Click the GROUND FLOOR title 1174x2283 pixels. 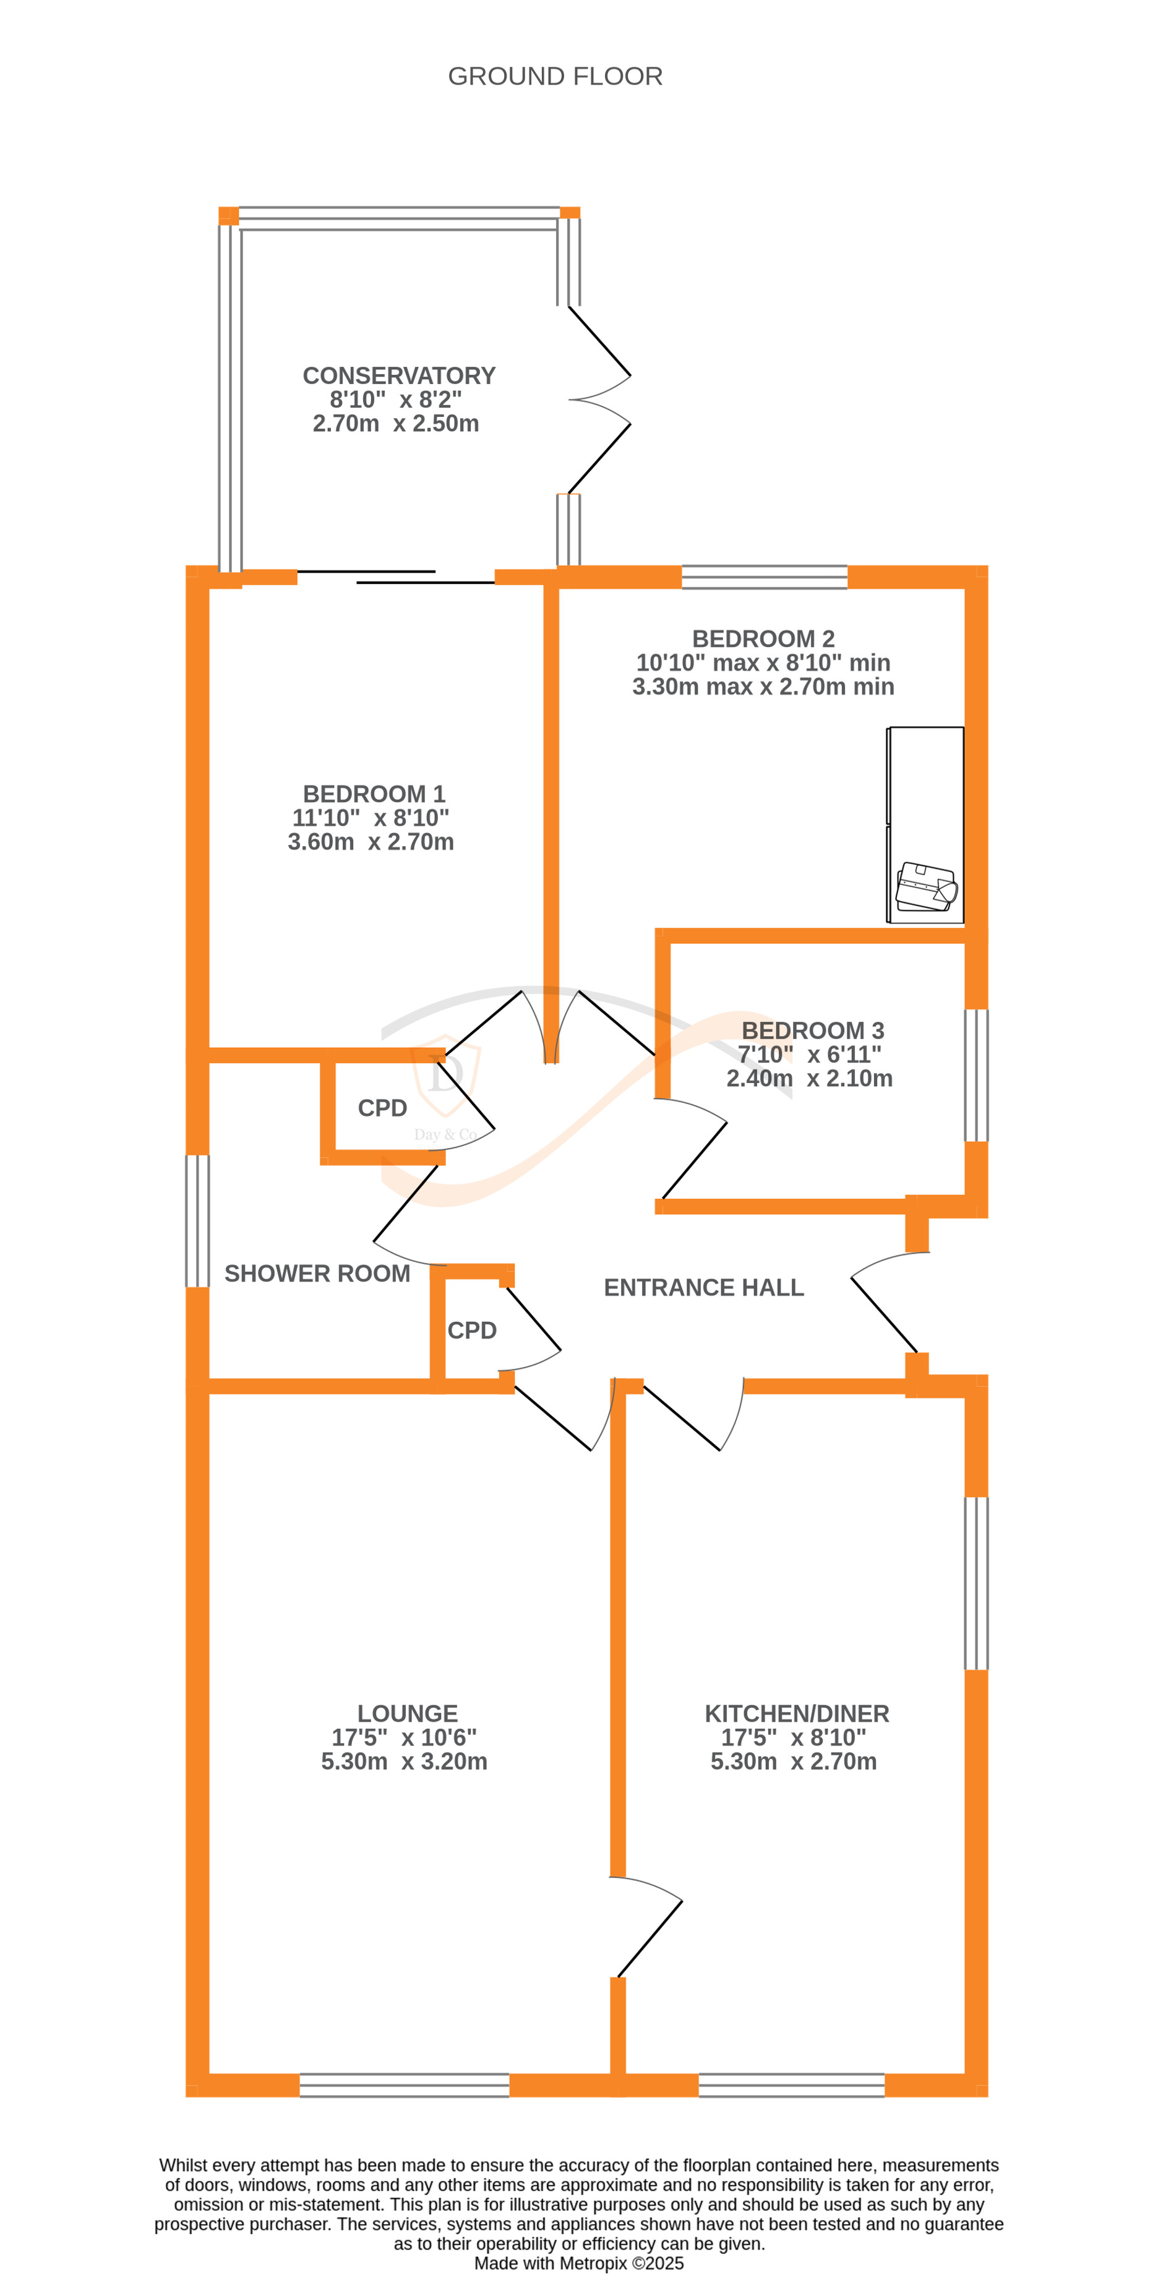(555, 76)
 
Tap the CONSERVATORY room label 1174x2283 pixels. (399, 376)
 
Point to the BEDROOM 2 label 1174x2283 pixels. (763, 638)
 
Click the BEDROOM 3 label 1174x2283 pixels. (813, 1030)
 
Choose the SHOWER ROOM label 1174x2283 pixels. (317, 1273)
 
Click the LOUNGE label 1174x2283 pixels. (408, 1713)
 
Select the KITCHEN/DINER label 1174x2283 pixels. (797, 1713)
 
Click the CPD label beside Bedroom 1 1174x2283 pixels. (382, 1108)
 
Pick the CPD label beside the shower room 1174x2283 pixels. (471, 1330)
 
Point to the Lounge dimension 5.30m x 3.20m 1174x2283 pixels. (404, 1761)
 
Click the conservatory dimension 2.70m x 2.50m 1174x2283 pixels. (395, 424)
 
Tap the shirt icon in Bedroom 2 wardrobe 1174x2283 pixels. (926, 886)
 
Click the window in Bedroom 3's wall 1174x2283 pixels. (975, 1075)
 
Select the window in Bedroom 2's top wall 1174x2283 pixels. (764, 577)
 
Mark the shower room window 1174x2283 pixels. (197, 1220)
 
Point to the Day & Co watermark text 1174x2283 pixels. (445, 1134)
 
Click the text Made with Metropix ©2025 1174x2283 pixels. (578, 2263)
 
